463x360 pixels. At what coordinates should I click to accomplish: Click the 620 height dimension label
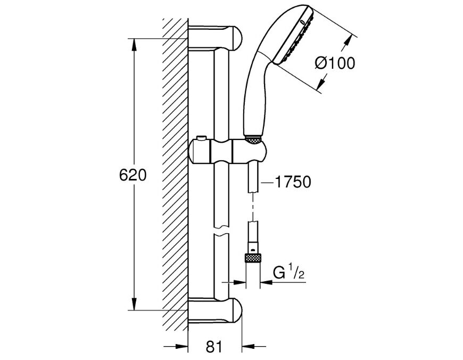coord(133,176)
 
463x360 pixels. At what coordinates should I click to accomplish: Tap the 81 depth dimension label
coord(214,346)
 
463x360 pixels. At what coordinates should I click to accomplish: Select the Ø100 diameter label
coord(335,63)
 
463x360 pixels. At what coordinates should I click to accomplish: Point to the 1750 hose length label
coord(293,182)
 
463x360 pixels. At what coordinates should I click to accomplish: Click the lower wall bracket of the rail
coord(215,310)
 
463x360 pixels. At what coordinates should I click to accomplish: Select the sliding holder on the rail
coord(228,151)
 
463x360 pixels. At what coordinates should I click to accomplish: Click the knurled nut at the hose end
coord(253,258)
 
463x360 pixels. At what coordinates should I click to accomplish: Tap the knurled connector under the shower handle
coord(253,140)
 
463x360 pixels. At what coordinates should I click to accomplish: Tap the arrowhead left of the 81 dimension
coord(181,346)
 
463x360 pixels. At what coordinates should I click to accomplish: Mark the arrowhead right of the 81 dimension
coord(249,346)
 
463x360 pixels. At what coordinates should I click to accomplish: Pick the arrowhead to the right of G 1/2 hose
coord(267,282)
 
